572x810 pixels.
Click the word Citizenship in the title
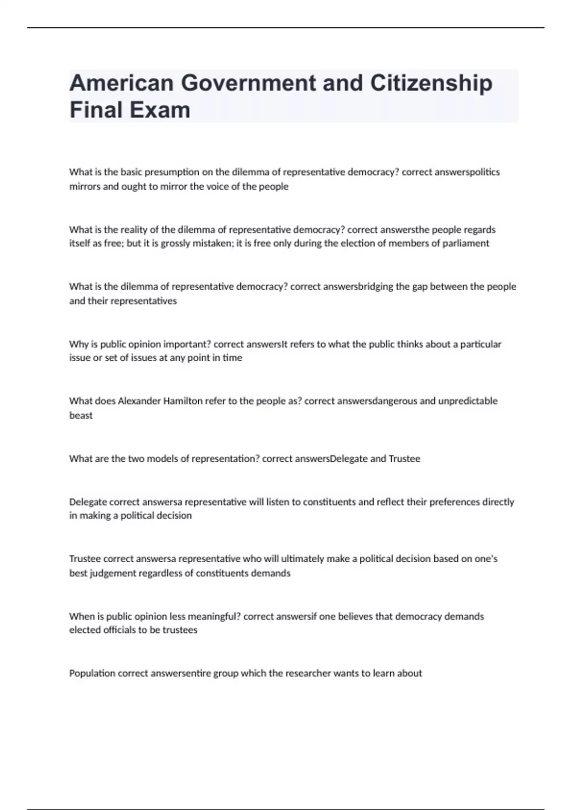click(431, 83)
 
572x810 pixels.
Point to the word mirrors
click(84, 186)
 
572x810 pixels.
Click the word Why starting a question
click(78, 344)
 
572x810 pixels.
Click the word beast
click(81, 415)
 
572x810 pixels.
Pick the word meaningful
click(214, 617)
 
